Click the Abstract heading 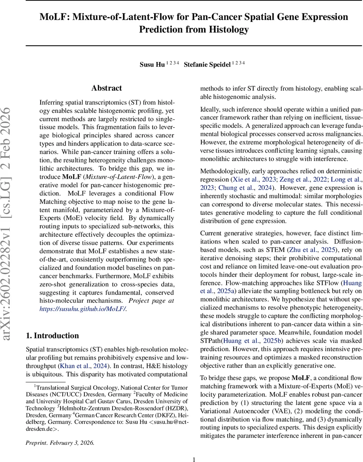tap(107, 88)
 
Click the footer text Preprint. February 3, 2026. tap(60, 442)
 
